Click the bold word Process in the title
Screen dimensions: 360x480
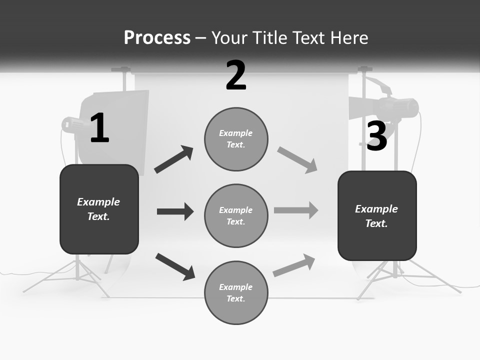point(157,37)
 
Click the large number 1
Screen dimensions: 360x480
point(99,128)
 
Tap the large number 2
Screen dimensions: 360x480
point(236,75)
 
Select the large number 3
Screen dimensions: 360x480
point(377,136)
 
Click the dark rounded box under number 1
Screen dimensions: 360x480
point(99,209)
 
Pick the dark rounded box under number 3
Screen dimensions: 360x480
point(377,215)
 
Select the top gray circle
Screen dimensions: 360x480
point(236,139)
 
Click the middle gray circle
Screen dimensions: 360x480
point(236,215)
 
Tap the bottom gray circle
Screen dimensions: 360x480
point(236,292)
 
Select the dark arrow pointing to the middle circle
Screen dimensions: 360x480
point(175,211)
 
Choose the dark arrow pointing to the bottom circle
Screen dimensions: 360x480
point(175,266)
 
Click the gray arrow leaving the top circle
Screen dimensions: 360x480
point(297,160)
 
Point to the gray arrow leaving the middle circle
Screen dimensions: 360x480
point(296,210)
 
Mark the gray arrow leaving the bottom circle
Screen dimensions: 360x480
point(294,265)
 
